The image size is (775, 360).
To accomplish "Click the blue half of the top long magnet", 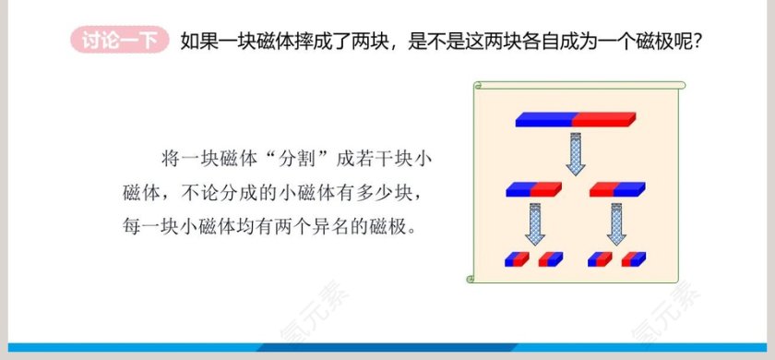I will click(544, 119).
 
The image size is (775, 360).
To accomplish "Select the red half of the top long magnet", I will click(604, 119).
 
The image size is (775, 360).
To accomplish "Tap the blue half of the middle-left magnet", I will click(519, 190).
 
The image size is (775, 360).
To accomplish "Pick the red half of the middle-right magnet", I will click(603, 190).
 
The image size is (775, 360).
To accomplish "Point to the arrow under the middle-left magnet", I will click(534, 224).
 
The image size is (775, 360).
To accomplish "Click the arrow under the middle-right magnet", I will click(617, 224).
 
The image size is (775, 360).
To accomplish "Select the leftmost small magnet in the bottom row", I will click(516, 259).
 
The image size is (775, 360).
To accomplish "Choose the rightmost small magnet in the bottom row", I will click(634, 259).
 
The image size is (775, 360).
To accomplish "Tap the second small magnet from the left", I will click(551, 259).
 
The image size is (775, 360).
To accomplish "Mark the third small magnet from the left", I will click(599, 259).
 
